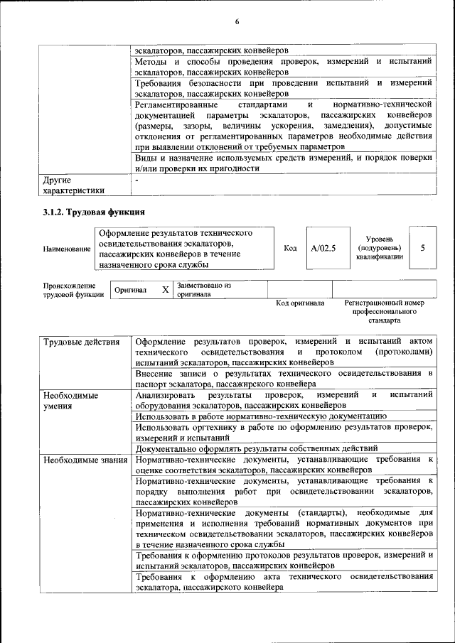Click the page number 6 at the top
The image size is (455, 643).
[237, 22]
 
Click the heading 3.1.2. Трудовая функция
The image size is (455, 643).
[94, 212]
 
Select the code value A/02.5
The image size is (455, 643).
[323, 249]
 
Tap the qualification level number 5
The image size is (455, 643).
[422, 249]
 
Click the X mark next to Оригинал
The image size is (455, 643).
[165, 290]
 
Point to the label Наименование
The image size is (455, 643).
[67, 249]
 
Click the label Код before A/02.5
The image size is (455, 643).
[290, 249]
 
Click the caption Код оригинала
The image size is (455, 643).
[299, 303]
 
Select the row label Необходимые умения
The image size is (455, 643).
[70, 400]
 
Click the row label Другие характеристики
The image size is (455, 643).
[73, 185]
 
